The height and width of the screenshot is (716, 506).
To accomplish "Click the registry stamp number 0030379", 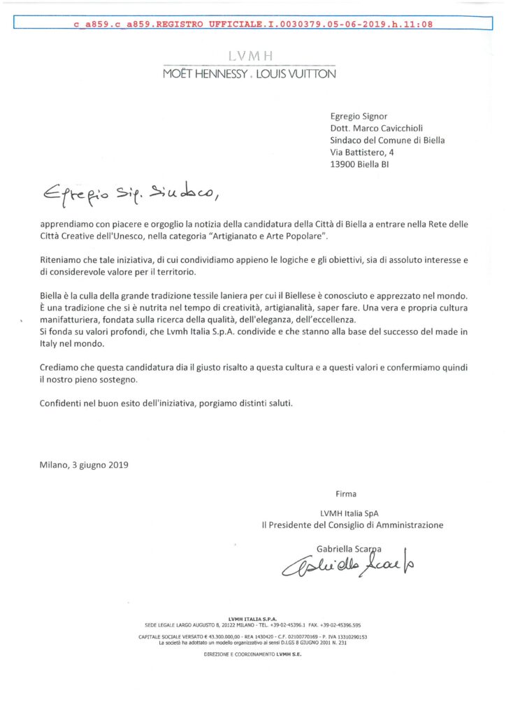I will click(x=264, y=24).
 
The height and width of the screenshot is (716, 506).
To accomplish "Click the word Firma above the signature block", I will click(x=346, y=494).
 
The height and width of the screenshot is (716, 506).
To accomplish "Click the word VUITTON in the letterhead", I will click(x=307, y=73).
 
